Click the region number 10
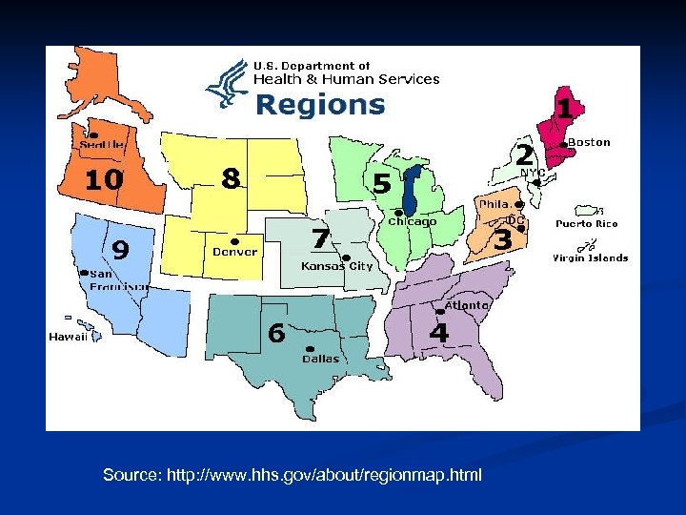point(103,178)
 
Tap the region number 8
point(230,177)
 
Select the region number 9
point(121,249)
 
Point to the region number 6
point(276,333)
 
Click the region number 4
point(438,333)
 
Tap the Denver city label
point(233,252)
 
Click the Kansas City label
point(336,266)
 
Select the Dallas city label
point(321,360)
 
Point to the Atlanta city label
point(467,305)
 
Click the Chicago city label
point(412,221)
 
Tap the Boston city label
point(589,142)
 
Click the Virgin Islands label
point(591,257)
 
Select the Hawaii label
point(69,337)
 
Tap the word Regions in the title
point(320,104)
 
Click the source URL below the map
point(293,475)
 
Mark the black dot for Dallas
point(309,348)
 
